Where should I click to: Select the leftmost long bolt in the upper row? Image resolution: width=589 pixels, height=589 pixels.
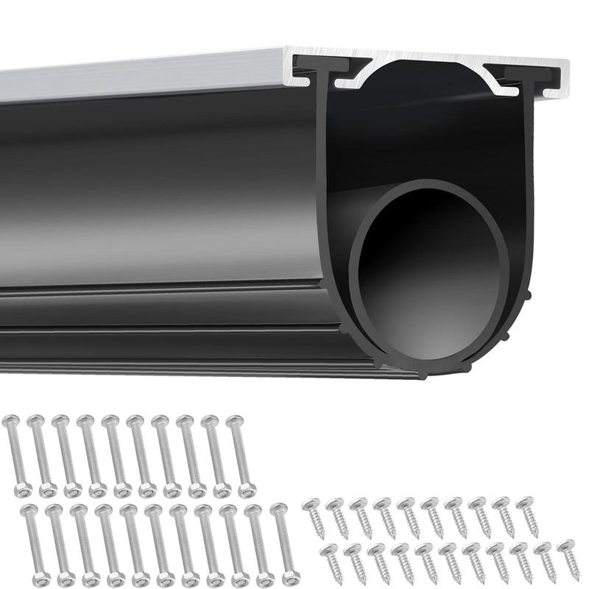(16, 456)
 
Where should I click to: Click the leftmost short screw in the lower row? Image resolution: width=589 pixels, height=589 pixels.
(331, 563)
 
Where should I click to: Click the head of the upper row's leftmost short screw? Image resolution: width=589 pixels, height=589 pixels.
(311, 504)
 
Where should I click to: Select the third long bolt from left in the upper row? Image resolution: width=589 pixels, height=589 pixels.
(66, 456)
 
